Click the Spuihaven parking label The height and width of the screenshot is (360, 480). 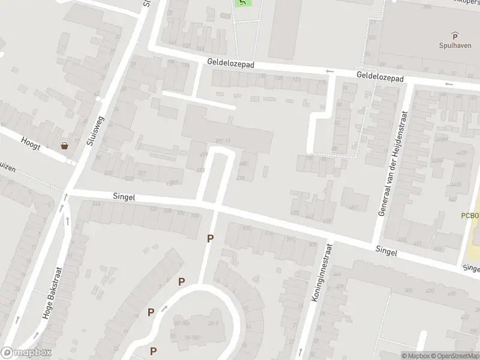click(454, 46)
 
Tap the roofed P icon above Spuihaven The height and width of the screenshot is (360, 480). click(454, 36)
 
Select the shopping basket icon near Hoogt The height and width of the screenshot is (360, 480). click(64, 145)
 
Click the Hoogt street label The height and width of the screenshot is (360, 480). click(31, 140)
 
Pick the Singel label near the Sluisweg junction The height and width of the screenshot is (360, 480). click(124, 197)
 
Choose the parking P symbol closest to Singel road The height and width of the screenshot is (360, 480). click(210, 239)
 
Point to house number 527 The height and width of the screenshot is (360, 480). click(142, 173)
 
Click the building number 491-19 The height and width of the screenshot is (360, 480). click(223, 142)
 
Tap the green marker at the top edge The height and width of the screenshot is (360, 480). click(242, 2)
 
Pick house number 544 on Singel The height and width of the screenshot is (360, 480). click(97, 205)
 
